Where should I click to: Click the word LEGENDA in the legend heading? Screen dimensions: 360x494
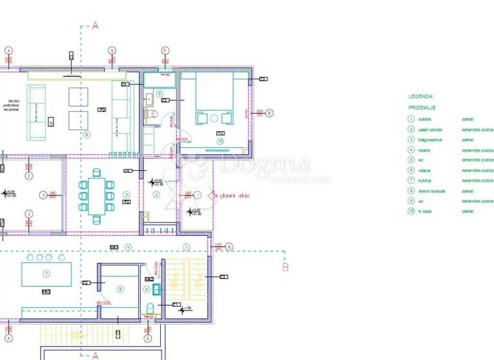[421, 96]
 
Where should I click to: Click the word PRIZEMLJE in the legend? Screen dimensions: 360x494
[421, 107]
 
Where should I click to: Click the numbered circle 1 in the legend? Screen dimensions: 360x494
[410, 119]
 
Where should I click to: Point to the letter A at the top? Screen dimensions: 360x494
[95, 26]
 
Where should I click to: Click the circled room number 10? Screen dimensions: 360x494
[220, 141]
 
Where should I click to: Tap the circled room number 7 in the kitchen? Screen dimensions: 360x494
[46, 274]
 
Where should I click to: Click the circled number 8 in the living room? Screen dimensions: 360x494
[87, 134]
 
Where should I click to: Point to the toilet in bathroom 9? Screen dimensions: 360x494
[153, 116]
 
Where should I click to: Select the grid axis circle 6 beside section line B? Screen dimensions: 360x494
[229, 246]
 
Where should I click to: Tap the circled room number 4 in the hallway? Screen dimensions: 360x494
[128, 248]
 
